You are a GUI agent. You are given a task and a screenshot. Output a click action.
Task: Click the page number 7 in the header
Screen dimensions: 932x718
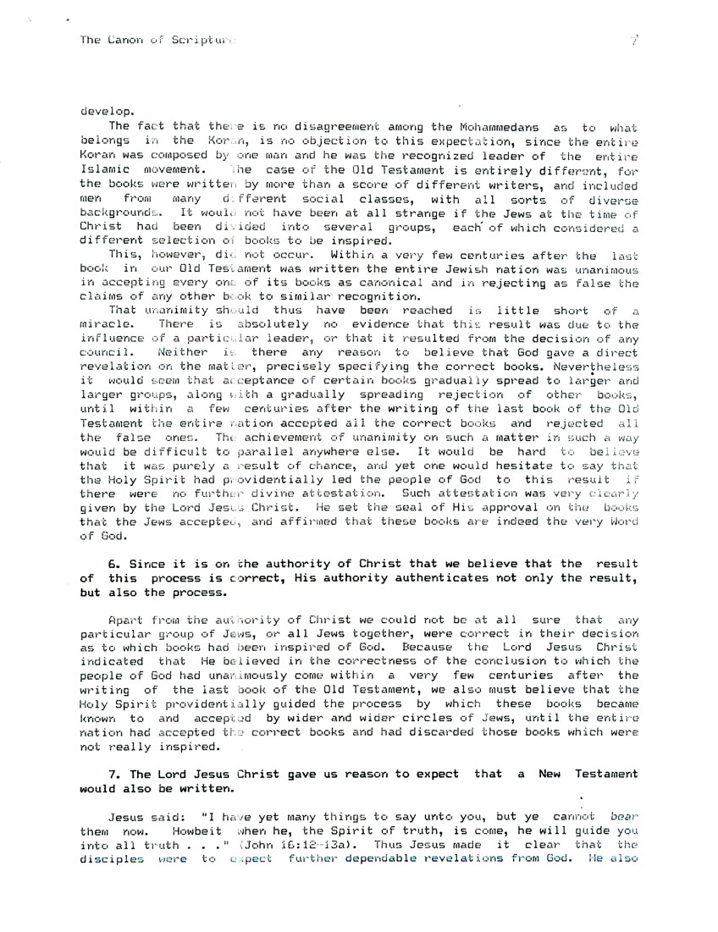point(632,39)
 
